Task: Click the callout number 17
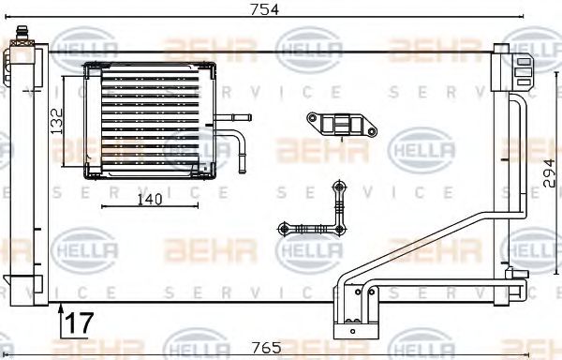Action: pyautogui.click(x=81, y=322)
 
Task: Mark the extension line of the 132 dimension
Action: pyautogui.click(x=65, y=122)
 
